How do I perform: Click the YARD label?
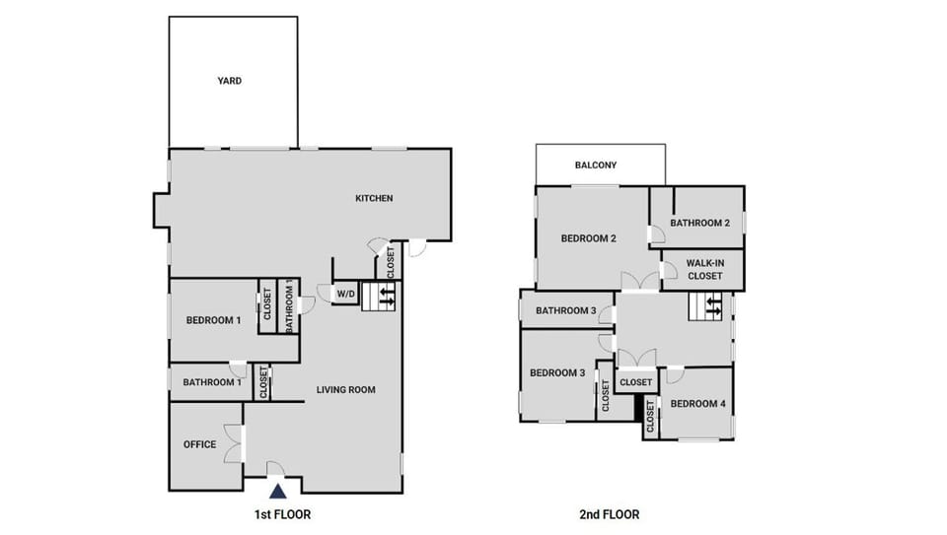point(230,81)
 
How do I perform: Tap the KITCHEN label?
point(374,198)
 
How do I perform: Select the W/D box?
point(345,294)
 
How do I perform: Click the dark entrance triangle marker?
point(279,490)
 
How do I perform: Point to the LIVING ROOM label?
point(345,389)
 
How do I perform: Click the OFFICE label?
point(199,444)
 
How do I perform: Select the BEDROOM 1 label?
point(213,320)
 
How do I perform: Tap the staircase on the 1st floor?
point(380,296)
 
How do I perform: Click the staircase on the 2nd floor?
point(709,307)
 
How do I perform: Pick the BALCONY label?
point(596,166)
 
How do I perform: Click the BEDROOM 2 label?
point(589,238)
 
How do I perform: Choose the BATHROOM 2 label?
point(699,223)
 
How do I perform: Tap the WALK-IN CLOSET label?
point(705,269)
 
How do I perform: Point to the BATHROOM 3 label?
point(566,311)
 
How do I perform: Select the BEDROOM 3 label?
point(557,372)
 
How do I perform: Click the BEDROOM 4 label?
point(697,403)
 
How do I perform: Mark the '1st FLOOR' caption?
point(283,514)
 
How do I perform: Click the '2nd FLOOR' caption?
point(609,514)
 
